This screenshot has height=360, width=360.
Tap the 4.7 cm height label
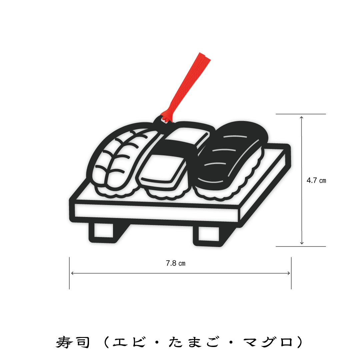point(316,180)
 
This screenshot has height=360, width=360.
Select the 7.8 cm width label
point(176,263)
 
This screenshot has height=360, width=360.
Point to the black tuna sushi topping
point(232,156)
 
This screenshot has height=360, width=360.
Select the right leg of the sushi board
point(208,234)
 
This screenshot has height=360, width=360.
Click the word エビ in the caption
point(129,342)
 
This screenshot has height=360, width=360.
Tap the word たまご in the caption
point(194,342)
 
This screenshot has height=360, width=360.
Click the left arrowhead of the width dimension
point(72,273)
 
